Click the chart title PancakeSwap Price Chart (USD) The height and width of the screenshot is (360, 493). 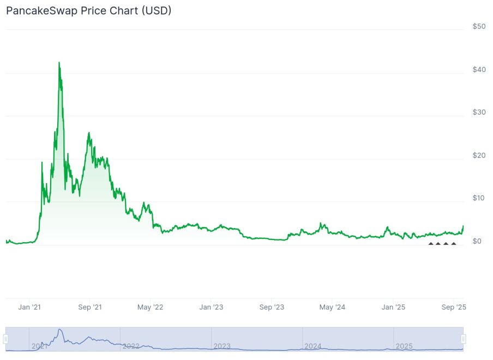coord(88,10)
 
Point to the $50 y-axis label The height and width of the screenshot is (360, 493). coord(479,27)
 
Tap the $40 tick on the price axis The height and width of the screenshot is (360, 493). coord(479,70)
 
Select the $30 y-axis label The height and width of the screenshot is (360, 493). coord(479,112)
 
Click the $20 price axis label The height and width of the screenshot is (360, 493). coord(479,155)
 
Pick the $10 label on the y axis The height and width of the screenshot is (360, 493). coord(479,198)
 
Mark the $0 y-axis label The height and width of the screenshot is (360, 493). coord(477,241)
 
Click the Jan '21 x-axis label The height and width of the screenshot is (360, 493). coord(29,308)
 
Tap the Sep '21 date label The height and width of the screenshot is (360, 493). coord(90,308)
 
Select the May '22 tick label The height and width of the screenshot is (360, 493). coord(150,308)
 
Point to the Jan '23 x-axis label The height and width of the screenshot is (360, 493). coord(211,308)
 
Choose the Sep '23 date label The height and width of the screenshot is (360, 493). coord(272,308)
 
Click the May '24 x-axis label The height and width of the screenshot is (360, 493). coord(332,308)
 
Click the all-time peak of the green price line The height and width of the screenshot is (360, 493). coord(59,63)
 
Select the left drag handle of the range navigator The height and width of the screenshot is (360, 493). coord(6,339)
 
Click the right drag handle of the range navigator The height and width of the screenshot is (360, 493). coord(463,339)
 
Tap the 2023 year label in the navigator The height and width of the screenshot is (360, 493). coord(222,346)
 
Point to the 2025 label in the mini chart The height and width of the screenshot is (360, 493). coord(404,346)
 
